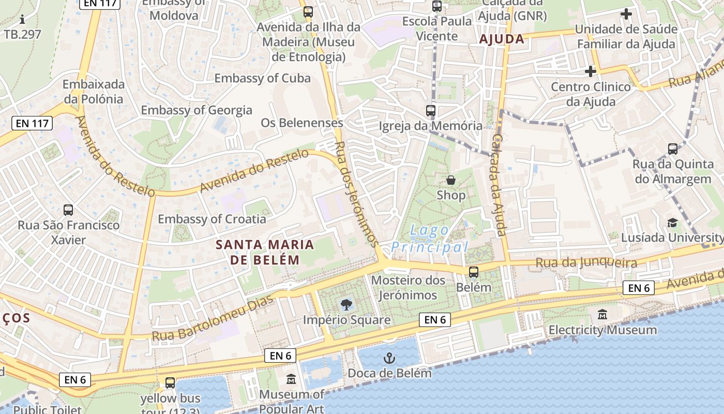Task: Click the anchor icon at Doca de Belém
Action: pyautogui.click(x=389, y=358)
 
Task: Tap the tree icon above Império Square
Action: pyautogui.click(x=346, y=305)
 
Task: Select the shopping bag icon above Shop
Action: pyautogui.click(x=451, y=180)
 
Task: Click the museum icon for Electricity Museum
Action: pyautogui.click(x=602, y=314)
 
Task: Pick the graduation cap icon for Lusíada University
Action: pyautogui.click(x=672, y=223)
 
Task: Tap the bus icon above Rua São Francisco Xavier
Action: pyautogui.click(x=68, y=210)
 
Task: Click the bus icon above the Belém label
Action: pyautogui.click(x=474, y=272)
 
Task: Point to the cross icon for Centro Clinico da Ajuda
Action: pyautogui.click(x=590, y=71)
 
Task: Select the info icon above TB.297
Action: pyautogui.click(x=22, y=20)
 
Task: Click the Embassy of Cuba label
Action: pyautogui.click(x=262, y=78)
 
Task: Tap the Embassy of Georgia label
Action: pyautogui.click(x=197, y=110)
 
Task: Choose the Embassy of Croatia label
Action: pyautogui.click(x=212, y=219)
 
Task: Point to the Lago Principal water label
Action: pyautogui.click(x=429, y=239)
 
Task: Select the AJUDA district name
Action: pyautogui.click(x=502, y=39)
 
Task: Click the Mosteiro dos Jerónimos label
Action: pyautogui.click(x=408, y=288)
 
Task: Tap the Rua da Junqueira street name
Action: pyautogui.click(x=586, y=263)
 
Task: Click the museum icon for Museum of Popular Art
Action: pyautogui.click(x=291, y=380)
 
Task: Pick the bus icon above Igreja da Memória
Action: pyautogui.click(x=430, y=110)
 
